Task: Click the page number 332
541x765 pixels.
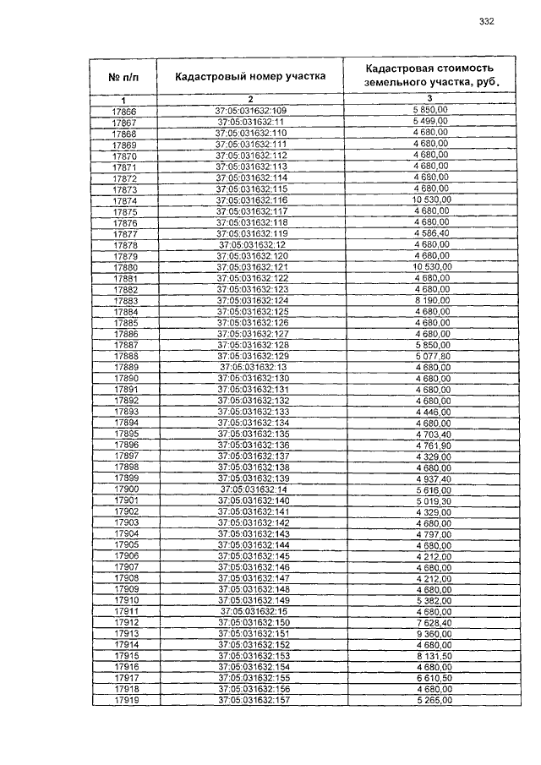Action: click(486, 22)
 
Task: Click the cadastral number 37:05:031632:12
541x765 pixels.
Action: click(252, 245)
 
